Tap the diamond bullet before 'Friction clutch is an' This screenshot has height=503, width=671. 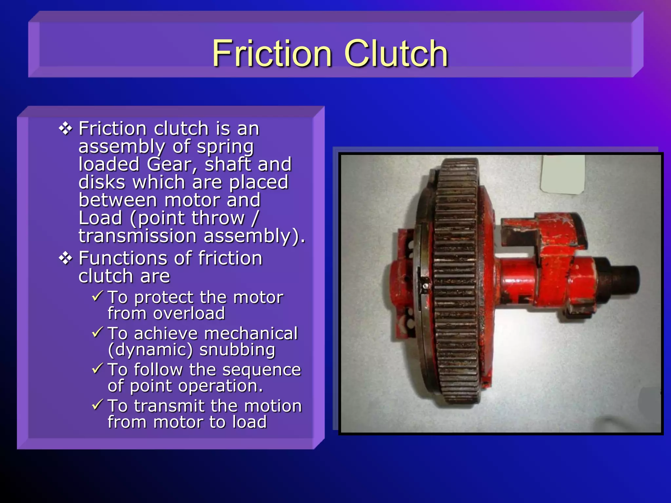(x=66, y=128)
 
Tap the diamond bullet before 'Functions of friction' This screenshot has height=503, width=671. (x=66, y=258)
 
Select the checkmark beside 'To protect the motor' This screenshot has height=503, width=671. (x=98, y=296)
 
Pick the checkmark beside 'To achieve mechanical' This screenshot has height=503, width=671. (x=98, y=332)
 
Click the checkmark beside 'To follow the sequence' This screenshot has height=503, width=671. (x=98, y=369)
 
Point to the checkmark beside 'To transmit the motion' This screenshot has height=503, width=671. (x=98, y=405)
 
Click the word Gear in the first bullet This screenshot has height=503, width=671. (x=172, y=164)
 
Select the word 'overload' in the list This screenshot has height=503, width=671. (x=189, y=314)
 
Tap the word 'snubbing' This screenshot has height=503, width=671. (x=237, y=350)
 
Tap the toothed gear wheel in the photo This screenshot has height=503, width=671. (x=455, y=282)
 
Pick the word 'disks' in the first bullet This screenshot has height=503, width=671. (x=102, y=182)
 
